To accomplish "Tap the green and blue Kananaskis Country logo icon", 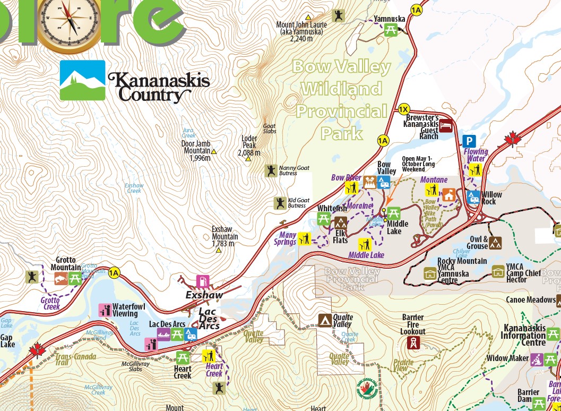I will pyautogui.click(x=82, y=80).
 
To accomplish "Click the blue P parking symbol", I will pyautogui.click(x=469, y=141).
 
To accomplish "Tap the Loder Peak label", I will pyautogui.click(x=249, y=145).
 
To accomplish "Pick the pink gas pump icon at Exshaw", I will pyautogui.click(x=202, y=281).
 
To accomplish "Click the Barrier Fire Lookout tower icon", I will pyautogui.click(x=412, y=343).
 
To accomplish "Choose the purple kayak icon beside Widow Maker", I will pyautogui.click(x=537, y=358).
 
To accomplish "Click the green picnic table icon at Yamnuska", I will pyautogui.click(x=391, y=30).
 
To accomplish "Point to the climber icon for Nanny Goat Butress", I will pyautogui.click(x=272, y=170).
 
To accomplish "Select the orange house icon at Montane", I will pyautogui.click(x=449, y=195).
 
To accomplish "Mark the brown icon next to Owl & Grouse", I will pyautogui.click(x=496, y=243).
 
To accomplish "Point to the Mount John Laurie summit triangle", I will pyautogui.click(x=307, y=17).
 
